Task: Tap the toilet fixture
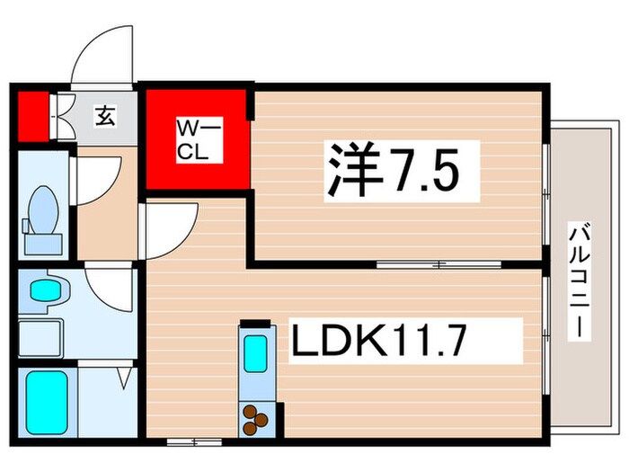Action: tap(41, 216)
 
